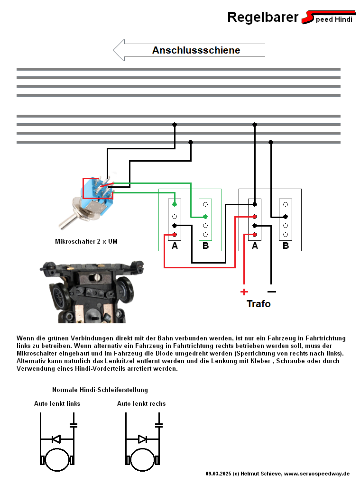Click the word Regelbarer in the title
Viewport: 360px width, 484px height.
point(262,18)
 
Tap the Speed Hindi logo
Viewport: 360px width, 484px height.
point(329,18)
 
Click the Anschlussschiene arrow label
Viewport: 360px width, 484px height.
point(196,50)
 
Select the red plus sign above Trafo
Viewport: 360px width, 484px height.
point(244,292)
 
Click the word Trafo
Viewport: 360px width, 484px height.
point(258,304)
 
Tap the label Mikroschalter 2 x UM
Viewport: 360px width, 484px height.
point(86,242)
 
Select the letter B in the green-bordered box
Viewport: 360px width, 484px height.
point(205,246)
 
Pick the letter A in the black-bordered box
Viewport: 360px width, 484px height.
point(255,246)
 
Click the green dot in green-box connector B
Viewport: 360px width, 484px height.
point(205,216)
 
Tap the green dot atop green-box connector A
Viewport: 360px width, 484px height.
point(175,204)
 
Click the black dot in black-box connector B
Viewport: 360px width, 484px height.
point(286,217)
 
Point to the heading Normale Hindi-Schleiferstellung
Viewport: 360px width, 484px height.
point(100,390)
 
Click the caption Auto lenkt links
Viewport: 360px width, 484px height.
point(57,404)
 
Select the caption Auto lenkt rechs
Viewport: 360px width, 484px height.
point(141,404)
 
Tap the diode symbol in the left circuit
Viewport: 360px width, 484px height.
point(56,439)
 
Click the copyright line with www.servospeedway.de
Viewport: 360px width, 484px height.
point(277,474)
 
